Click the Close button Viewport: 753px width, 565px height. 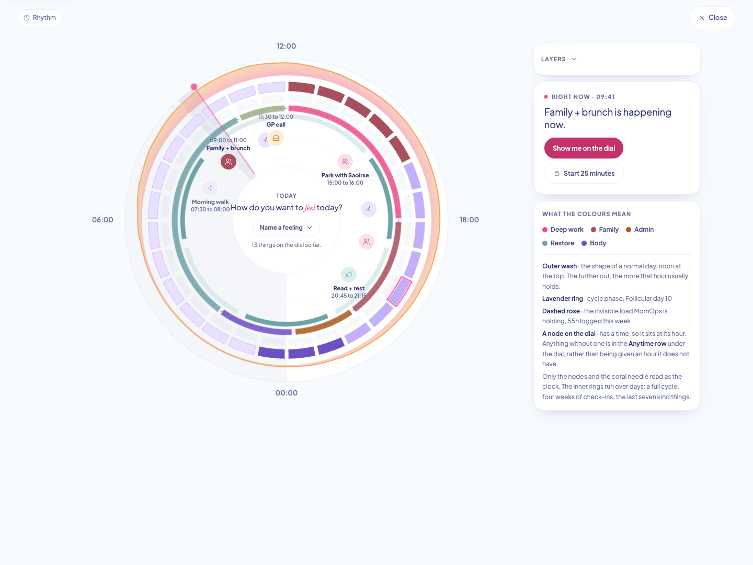[x=713, y=17]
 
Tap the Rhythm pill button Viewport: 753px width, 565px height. [x=39, y=17]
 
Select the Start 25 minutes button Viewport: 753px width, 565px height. [x=584, y=173]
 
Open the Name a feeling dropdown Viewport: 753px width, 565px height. [x=286, y=228]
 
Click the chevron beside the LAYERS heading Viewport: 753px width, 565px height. [x=574, y=59]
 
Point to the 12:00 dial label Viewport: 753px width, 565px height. [x=287, y=46]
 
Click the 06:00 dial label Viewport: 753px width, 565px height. [x=102, y=220]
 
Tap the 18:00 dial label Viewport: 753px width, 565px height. [x=469, y=220]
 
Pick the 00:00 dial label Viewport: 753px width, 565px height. [x=287, y=393]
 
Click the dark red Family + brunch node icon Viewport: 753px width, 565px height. [x=229, y=162]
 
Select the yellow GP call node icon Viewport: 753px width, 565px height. [x=276, y=138]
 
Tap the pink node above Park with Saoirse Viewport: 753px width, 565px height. [x=345, y=162]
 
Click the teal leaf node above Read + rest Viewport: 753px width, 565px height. [x=349, y=275]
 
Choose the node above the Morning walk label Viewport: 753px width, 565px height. [x=210, y=188]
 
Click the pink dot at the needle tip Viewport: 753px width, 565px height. [x=194, y=87]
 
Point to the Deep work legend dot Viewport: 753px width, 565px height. [x=545, y=230]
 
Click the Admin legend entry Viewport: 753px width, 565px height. [x=640, y=230]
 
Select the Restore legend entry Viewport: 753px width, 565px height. [x=558, y=243]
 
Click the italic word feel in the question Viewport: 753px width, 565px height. [x=310, y=208]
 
